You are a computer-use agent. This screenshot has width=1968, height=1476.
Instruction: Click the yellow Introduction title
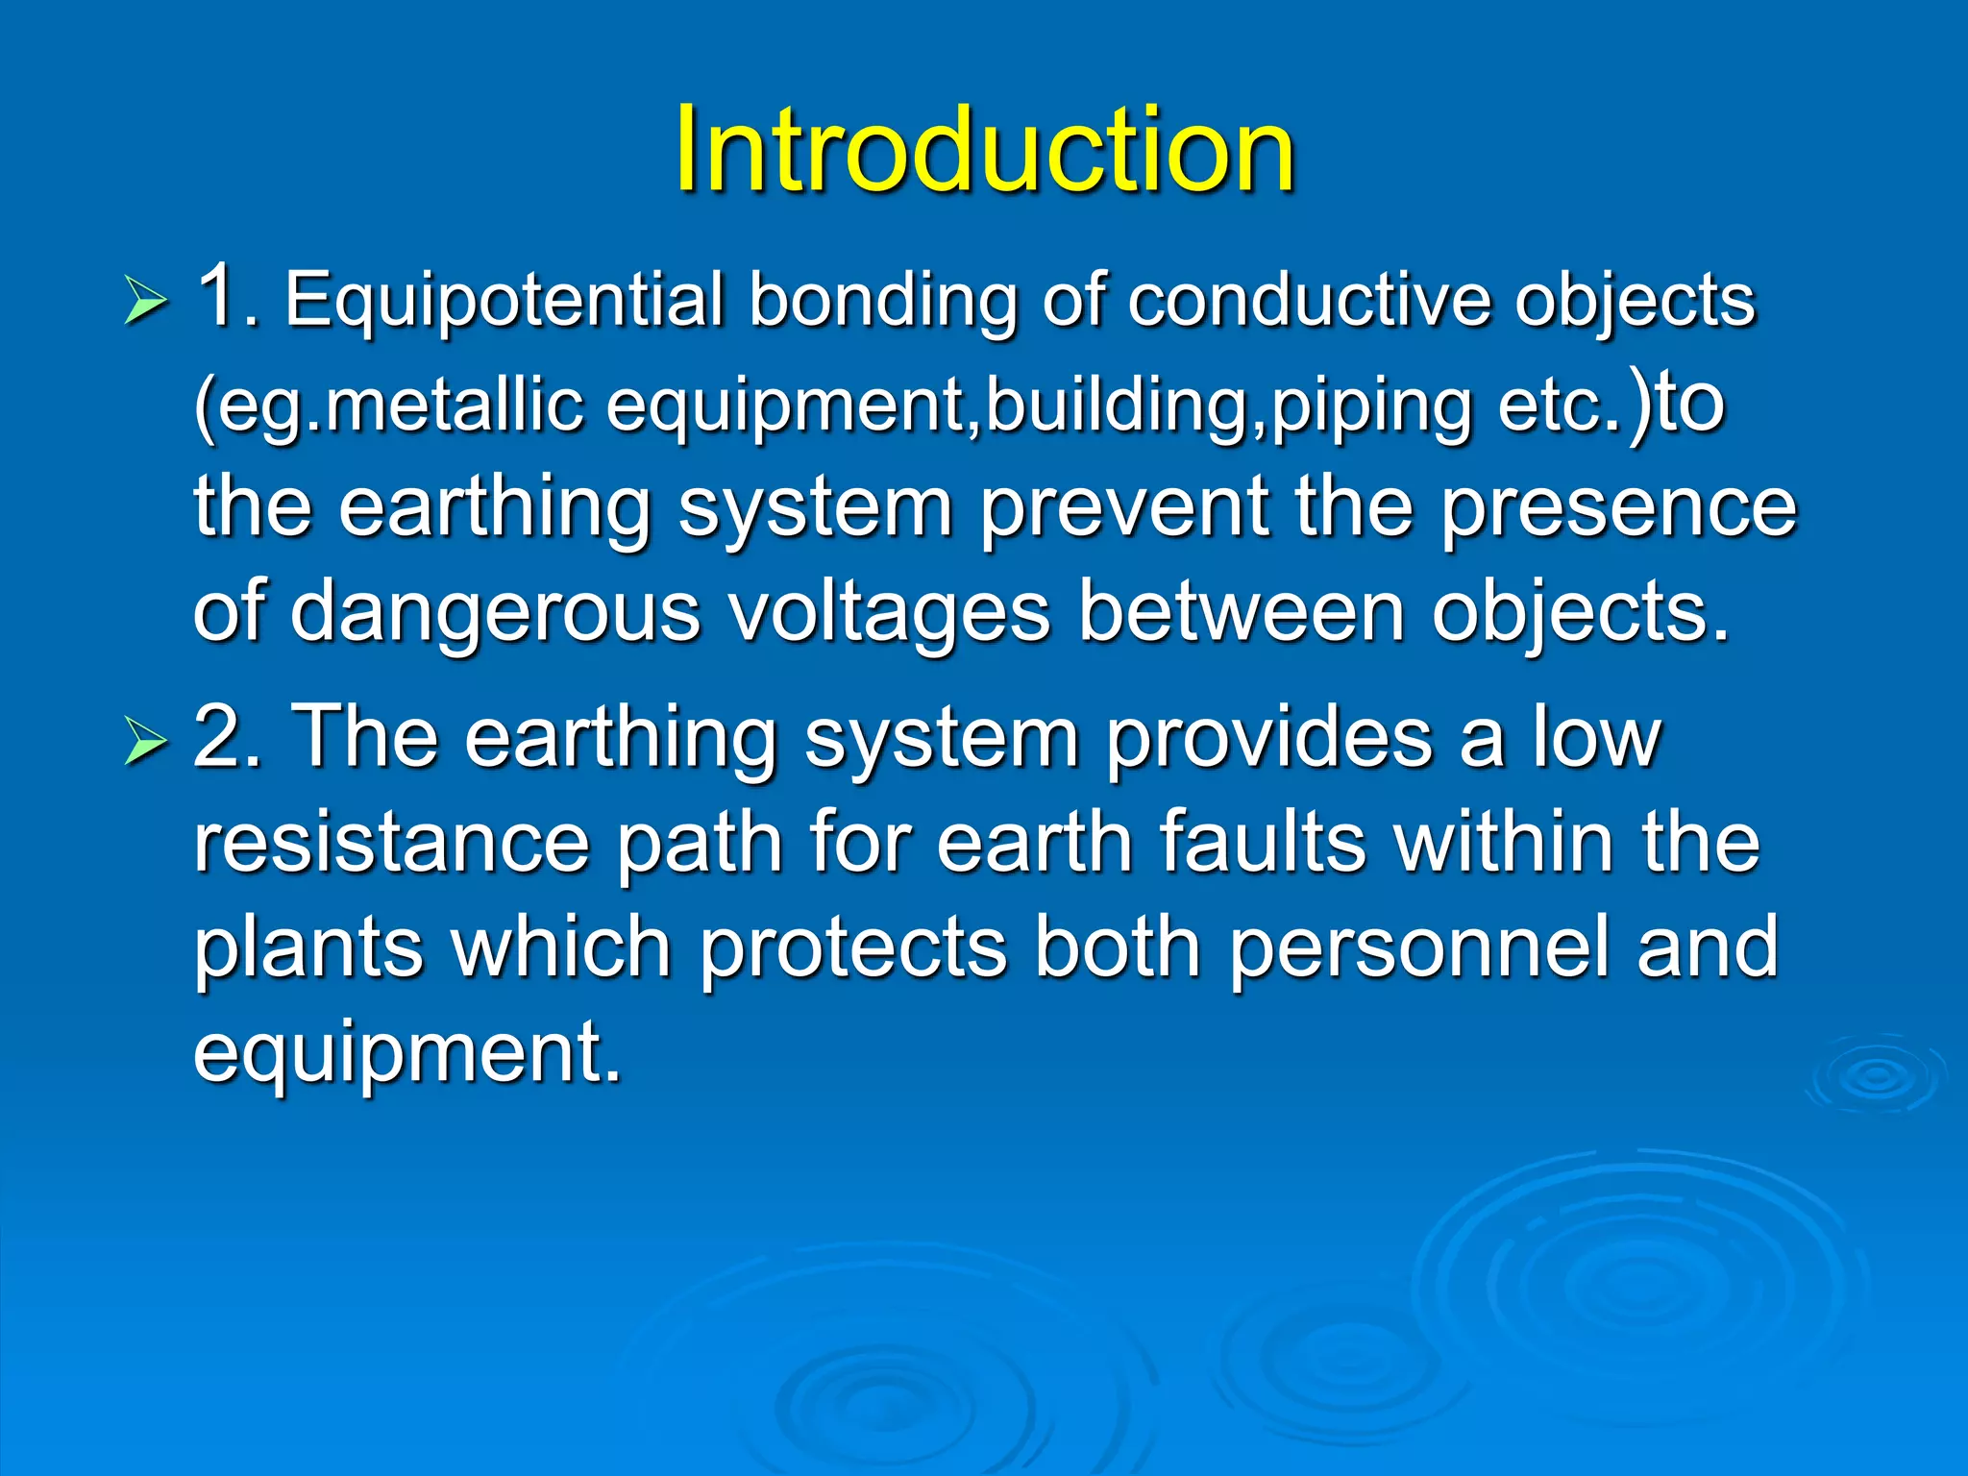pyautogui.click(x=984, y=150)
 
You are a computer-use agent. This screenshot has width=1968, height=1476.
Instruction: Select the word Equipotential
pyautogui.click(x=504, y=302)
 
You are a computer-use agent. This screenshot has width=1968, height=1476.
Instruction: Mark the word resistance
pyautogui.click(x=391, y=843)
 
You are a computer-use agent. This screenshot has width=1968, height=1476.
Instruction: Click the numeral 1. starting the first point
pyautogui.click(x=227, y=298)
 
